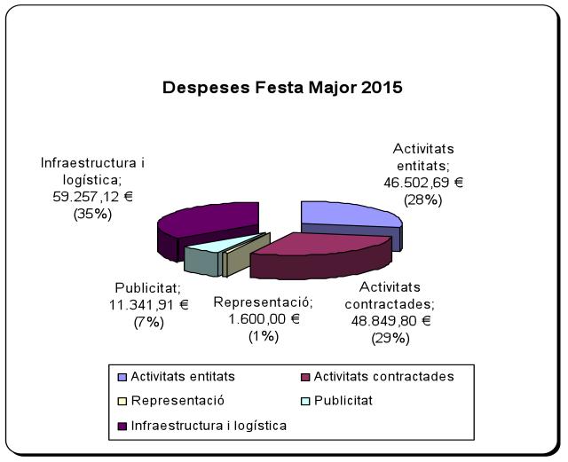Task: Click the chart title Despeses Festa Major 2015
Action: (281, 89)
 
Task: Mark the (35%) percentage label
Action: (86, 213)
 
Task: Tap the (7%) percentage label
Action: (148, 322)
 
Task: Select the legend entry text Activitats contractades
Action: (383, 377)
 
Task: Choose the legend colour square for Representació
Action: (122, 402)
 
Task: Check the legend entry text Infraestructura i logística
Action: (209, 426)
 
